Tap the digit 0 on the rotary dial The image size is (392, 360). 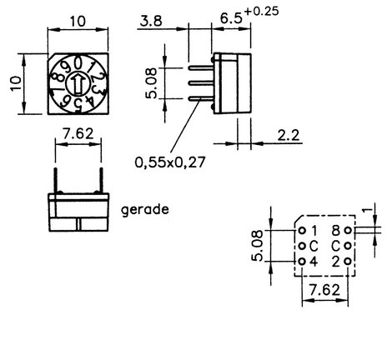point(79,63)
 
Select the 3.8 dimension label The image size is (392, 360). point(151,21)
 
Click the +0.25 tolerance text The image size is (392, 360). point(261,11)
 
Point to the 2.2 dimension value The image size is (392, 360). point(289,135)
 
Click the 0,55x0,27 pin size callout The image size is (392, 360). point(170,162)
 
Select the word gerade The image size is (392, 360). point(145,210)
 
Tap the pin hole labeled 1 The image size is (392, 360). point(302,230)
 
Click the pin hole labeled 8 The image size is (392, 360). point(348,230)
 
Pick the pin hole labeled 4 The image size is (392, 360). point(302,262)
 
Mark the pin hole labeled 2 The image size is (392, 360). point(348,262)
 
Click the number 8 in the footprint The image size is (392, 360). point(336,230)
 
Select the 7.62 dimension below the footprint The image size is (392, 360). point(324,290)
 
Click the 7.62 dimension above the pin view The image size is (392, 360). point(78,134)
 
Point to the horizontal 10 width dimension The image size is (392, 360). point(78,22)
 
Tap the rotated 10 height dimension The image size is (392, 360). point(16,83)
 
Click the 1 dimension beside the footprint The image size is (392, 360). point(368,210)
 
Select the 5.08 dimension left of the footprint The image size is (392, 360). point(257,246)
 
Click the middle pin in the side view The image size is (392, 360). point(201,83)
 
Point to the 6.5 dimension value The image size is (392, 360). point(231,18)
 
